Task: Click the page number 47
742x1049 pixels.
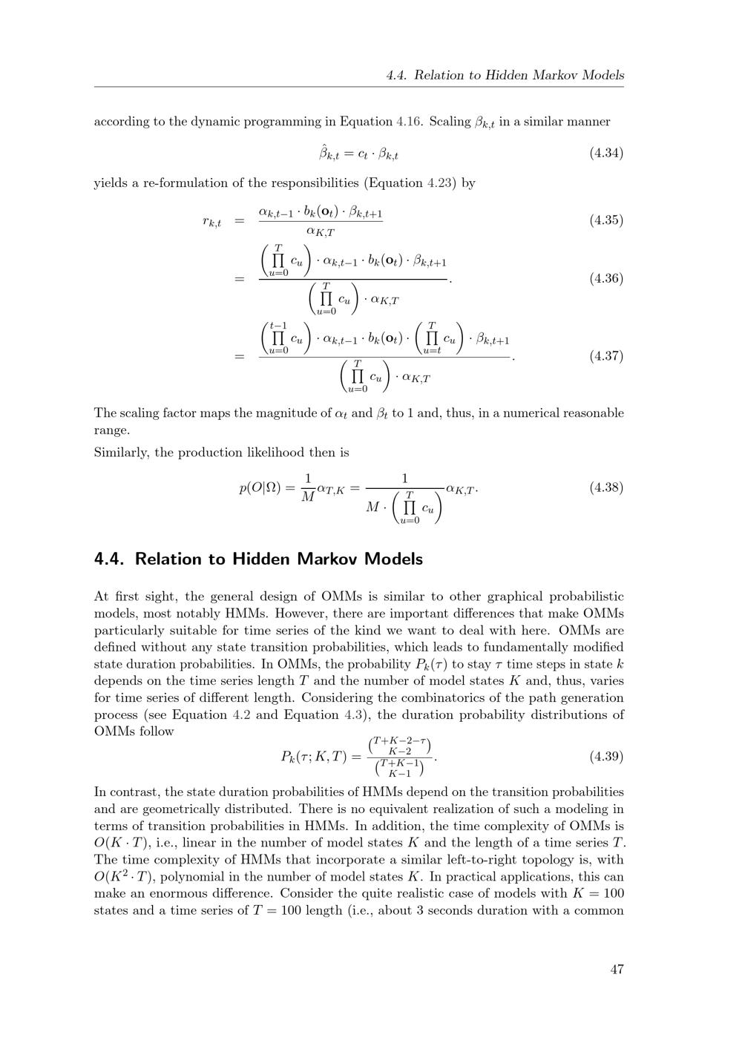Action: (x=616, y=969)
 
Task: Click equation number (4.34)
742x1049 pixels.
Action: (x=605, y=154)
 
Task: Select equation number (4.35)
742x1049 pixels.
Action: (x=605, y=220)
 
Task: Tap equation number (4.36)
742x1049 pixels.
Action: (x=605, y=279)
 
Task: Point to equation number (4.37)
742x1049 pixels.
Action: (x=605, y=356)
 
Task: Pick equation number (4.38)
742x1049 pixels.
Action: (x=605, y=487)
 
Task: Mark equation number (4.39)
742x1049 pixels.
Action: (x=605, y=757)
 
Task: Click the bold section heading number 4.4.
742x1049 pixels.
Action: (x=110, y=559)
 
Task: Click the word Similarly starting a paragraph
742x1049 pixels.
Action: (x=122, y=453)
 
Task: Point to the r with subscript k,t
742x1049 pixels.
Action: (x=211, y=221)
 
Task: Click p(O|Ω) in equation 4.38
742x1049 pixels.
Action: (x=259, y=488)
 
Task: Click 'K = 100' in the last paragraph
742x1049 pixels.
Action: (x=598, y=894)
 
